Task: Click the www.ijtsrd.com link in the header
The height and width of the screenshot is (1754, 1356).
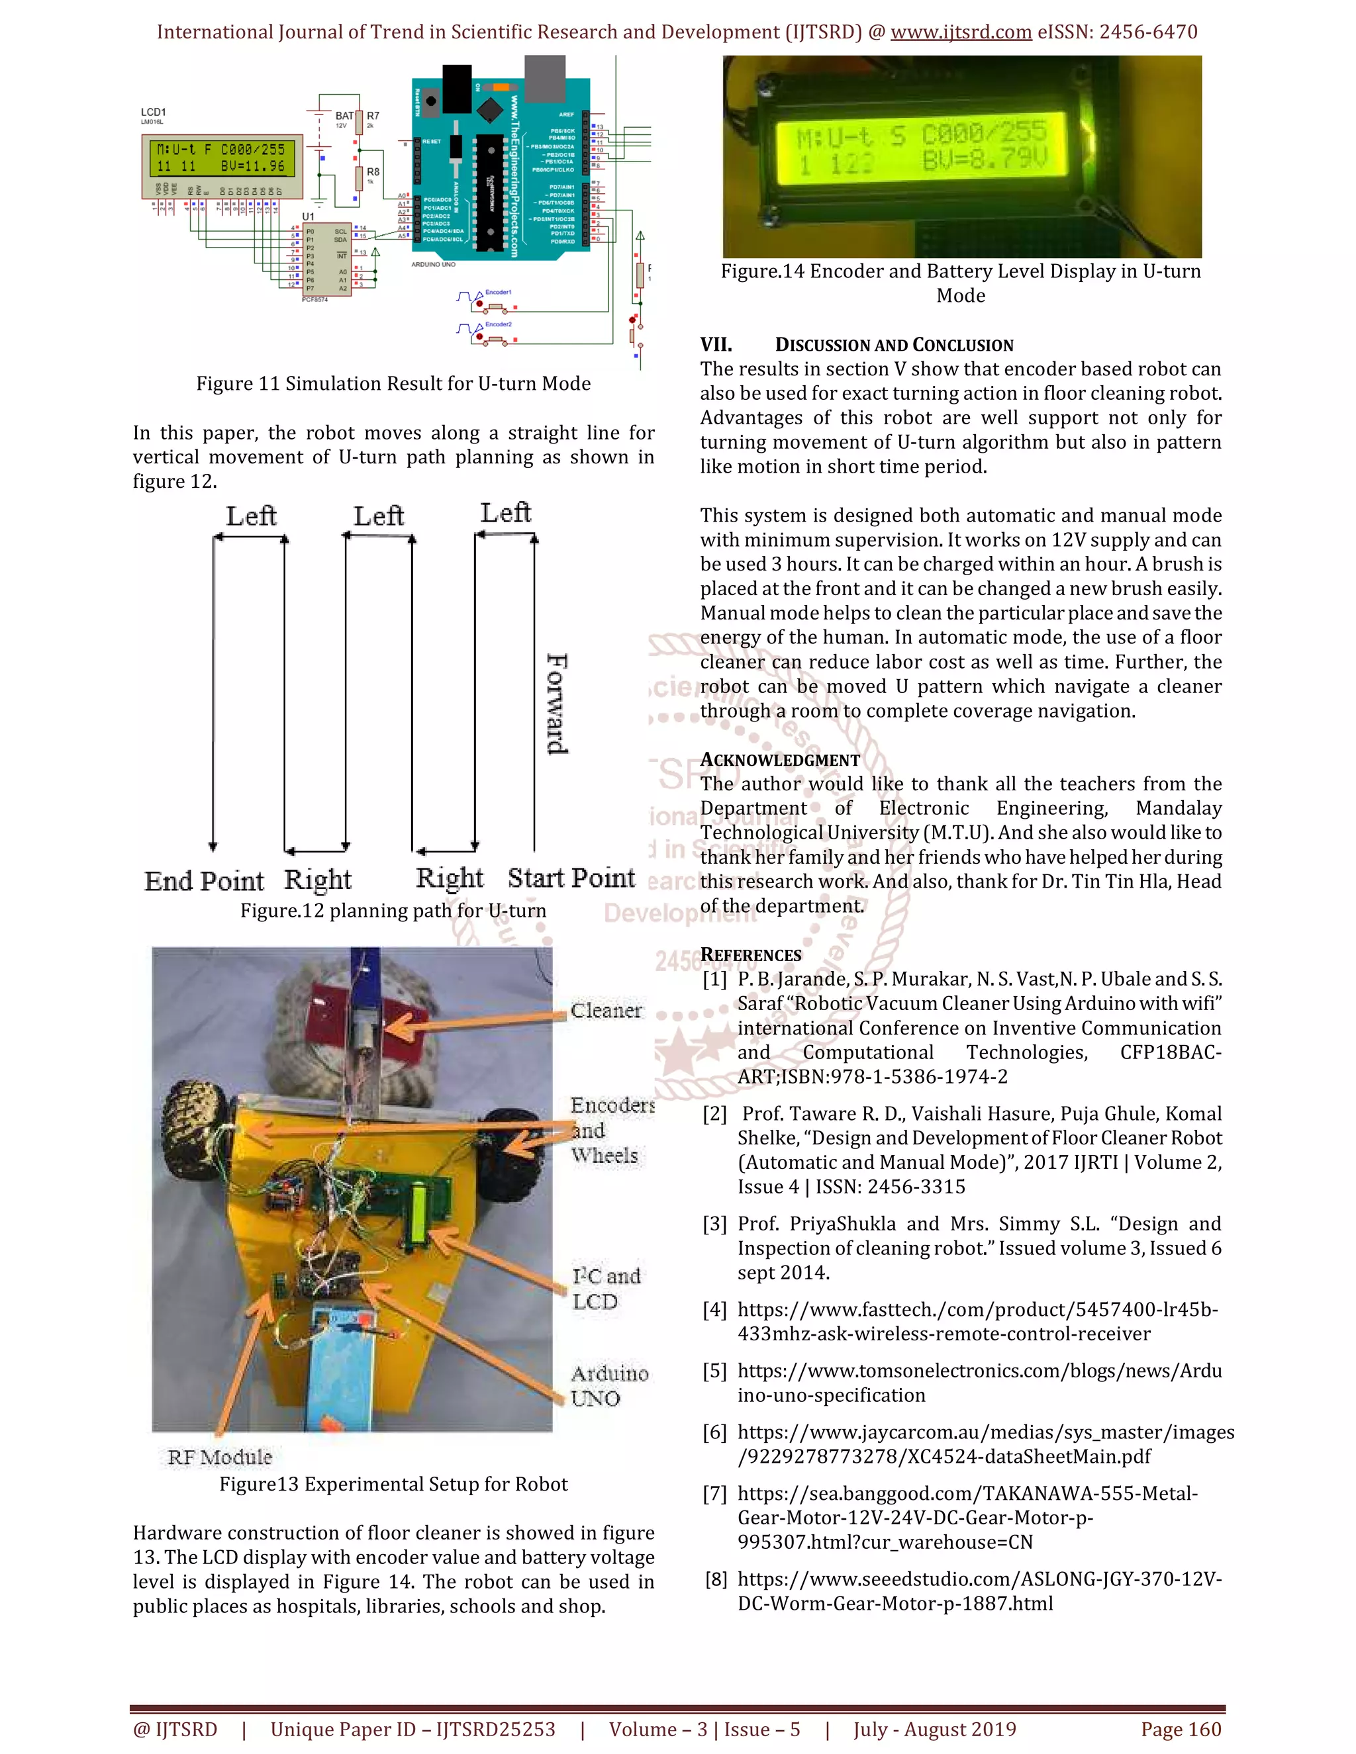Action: point(961,32)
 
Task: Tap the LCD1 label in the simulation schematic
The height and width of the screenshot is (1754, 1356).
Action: point(154,113)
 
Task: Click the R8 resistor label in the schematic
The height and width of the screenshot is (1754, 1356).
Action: point(373,172)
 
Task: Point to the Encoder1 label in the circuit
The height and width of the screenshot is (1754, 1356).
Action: point(498,293)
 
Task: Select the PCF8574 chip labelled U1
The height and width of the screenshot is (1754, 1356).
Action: point(327,259)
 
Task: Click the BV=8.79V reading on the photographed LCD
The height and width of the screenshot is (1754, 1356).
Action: point(984,161)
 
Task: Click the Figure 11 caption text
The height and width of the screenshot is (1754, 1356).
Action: point(393,384)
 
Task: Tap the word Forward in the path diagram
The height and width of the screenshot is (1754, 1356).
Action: point(557,704)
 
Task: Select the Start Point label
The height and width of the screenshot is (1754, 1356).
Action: point(571,878)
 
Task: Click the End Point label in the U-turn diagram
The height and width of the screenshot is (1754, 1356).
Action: point(204,881)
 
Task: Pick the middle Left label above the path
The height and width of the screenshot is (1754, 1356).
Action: point(378,516)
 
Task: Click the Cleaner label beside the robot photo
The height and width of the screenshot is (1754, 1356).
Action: point(606,1010)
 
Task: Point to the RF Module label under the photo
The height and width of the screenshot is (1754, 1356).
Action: point(219,1457)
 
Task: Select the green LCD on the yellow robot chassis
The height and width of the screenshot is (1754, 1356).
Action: point(418,1215)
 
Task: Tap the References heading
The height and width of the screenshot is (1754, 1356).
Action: point(750,955)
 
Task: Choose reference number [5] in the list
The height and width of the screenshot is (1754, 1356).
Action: point(714,1371)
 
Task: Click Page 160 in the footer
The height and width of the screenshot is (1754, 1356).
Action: point(1180,1729)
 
